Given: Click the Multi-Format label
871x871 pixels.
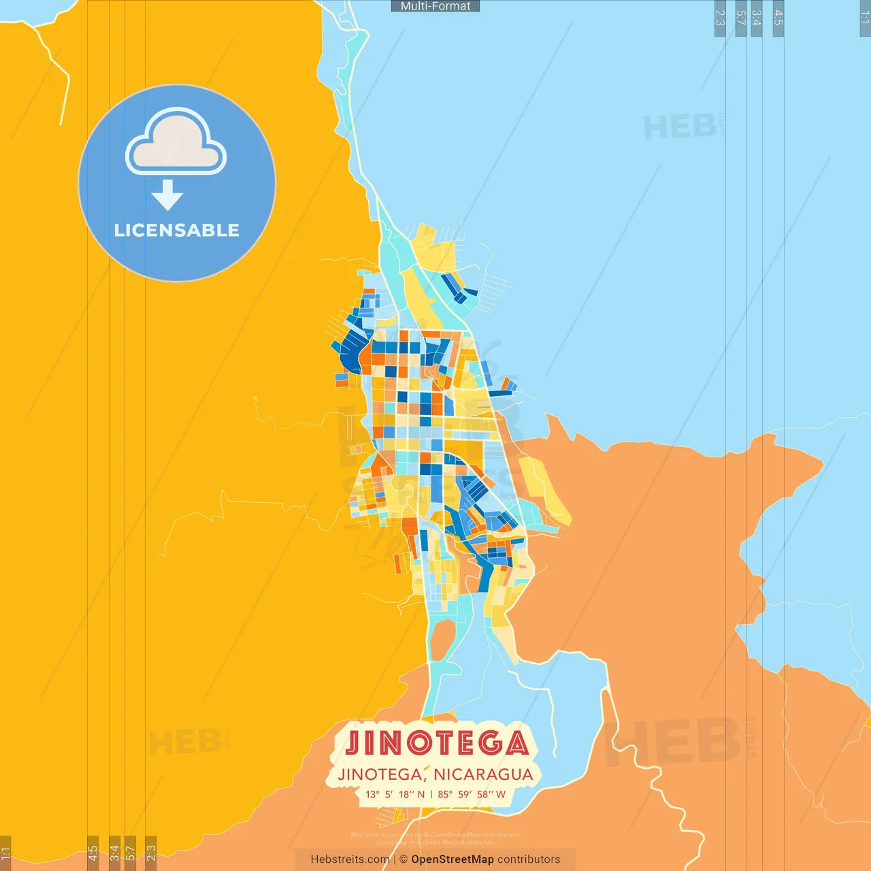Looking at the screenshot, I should (x=435, y=6).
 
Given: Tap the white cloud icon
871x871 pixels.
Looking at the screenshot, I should (x=176, y=142).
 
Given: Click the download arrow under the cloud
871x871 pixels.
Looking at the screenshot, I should (x=167, y=195).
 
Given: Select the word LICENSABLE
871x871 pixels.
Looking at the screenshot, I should (x=177, y=231).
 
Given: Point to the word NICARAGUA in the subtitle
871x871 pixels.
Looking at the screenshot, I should (x=483, y=774).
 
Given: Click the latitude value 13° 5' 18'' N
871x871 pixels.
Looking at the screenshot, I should (x=395, y=794).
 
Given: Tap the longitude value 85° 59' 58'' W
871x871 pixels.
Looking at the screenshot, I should (x=472, y=794).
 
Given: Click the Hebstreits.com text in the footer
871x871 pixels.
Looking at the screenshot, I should (x=350, y=859).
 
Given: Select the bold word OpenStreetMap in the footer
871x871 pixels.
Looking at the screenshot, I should (x=453, y=859).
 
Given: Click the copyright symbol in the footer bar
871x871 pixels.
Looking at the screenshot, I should (x=404, y=859).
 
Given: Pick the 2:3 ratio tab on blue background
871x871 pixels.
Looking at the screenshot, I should (x=720, y=18).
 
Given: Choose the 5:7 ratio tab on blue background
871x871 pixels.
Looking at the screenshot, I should (x=741, y=18).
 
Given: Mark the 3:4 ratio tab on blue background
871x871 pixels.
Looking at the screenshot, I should (x=756, y=18).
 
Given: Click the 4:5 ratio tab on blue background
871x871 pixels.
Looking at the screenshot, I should (x=778, y=18).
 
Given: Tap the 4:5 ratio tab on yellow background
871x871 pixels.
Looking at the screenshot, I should (x=93, y=853).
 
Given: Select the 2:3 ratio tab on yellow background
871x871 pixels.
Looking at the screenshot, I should (x=151, y=853).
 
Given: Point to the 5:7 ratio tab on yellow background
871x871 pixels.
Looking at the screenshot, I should (x=130, y=853).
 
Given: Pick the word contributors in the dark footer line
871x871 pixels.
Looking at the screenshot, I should (x=529, y=859).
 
